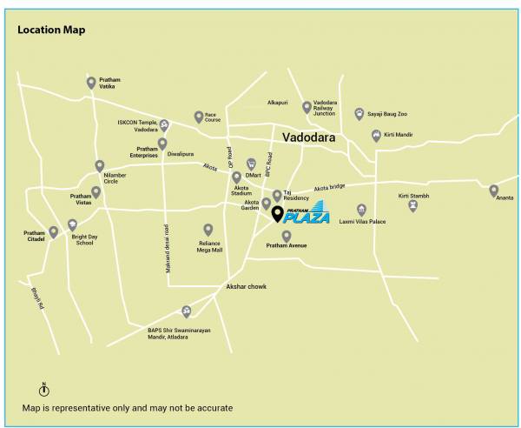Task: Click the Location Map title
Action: pos(51,30)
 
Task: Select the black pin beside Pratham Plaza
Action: pos(277,214)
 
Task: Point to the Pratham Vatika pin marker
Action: pos(91,83)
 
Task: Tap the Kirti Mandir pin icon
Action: pos(376,135)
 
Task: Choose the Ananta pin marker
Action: pos(493,191)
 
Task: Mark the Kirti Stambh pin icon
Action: pos(412,205)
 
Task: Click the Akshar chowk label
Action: pos(246,286)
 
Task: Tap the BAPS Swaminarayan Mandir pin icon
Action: pos(186,311)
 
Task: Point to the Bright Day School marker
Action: pos(72,225)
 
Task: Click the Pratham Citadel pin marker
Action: pos(53,232)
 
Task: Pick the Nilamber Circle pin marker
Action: pos(100,165)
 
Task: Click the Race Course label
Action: pos(213,117)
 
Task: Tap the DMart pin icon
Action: pos(251,163)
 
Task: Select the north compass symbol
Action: pos(43,390)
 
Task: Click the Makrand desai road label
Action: pos(166,250)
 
